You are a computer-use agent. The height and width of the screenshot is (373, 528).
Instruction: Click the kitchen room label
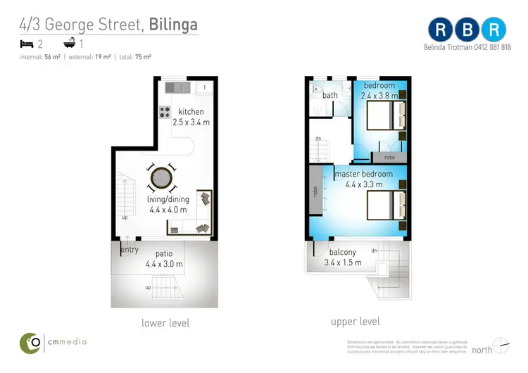point(191,112)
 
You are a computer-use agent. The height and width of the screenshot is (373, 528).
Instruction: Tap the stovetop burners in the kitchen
point(165,111)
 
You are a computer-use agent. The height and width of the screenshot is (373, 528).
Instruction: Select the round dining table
point(163,177)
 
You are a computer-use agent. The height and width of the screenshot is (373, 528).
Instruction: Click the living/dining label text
point(168,199)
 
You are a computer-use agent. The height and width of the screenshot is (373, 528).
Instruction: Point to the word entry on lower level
point(130,250)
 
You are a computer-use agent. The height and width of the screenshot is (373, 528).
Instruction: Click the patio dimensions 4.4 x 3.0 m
point(165,264)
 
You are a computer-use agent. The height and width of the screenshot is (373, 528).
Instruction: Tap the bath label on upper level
point(330,95)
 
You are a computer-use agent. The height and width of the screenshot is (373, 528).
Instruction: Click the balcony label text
point(343,253)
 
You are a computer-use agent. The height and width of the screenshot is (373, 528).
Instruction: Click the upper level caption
point(356,322)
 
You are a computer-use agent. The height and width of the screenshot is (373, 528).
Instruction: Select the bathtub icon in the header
point(68,43)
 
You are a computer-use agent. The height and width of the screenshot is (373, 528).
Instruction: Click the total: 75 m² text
point(134,56)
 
